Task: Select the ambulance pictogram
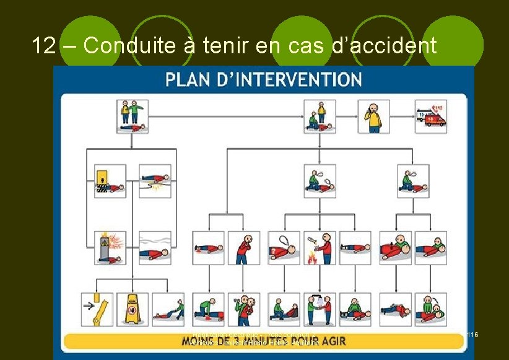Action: click(431, 116)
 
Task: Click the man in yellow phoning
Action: click(374, 116)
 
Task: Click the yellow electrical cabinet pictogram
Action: click(110, 180)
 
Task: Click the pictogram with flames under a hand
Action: click(320, 247)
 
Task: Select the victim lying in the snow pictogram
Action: click(154, 247)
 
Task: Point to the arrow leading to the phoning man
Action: click(347, 116)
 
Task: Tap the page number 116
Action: click(472, 335)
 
